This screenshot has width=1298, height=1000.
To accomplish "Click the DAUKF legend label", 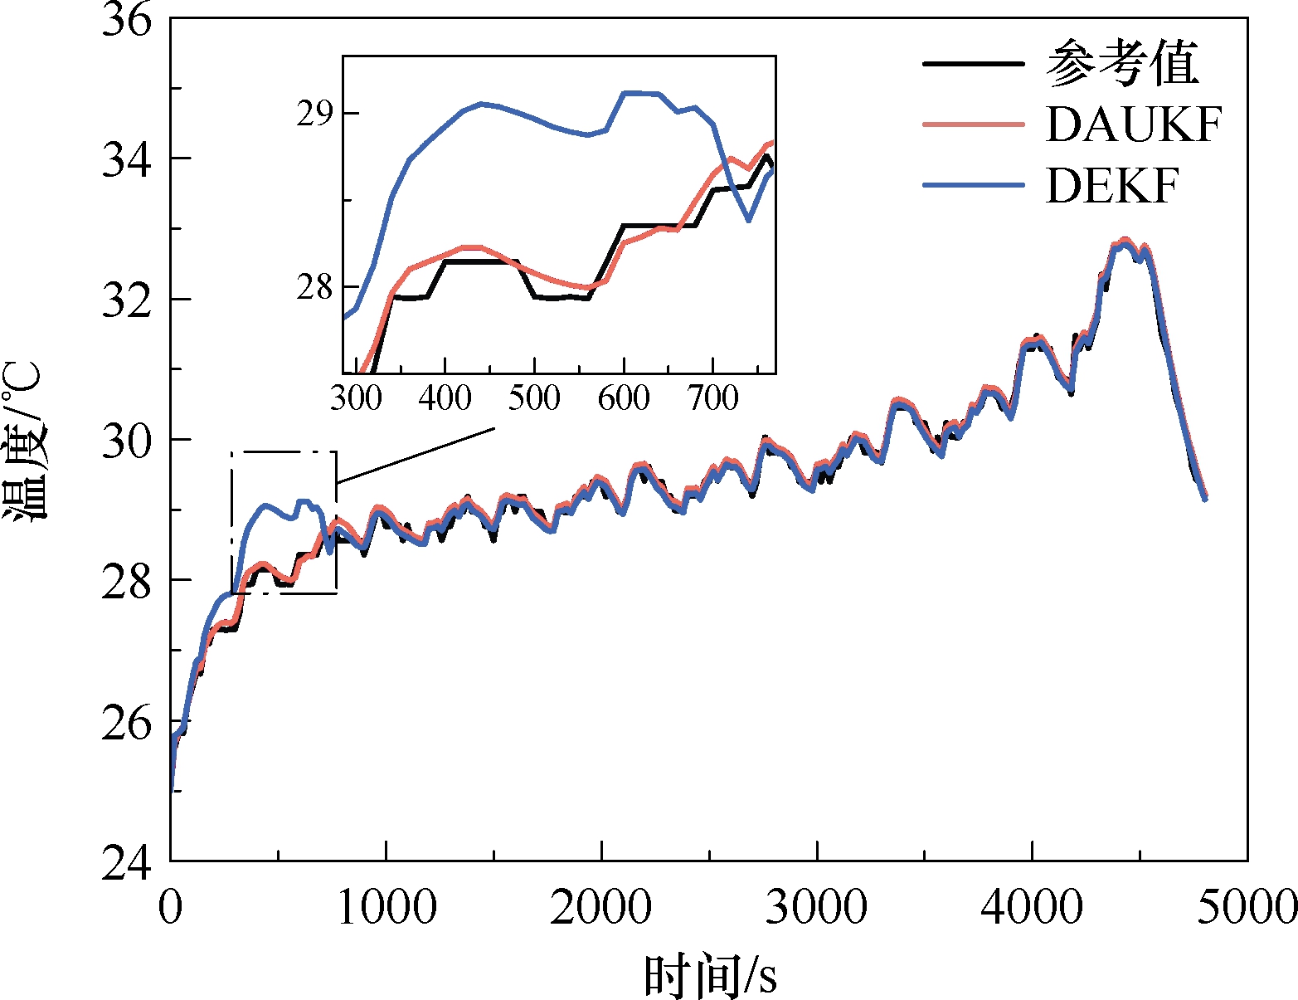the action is (1133, 124).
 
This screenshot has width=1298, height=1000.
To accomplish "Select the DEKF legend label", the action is (1112, 186).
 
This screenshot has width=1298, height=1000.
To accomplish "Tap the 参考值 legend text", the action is (1122, 63).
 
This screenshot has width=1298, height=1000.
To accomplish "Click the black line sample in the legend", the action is (974, 63).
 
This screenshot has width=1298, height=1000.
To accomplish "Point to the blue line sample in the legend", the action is (974, 186).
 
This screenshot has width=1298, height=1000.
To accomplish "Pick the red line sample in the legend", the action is (974, 124).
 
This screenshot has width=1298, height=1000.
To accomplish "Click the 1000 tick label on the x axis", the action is (386, 907).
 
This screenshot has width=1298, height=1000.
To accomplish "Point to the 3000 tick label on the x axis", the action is (817, 907).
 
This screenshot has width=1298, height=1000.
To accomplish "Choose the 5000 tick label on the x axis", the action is (1247, 907).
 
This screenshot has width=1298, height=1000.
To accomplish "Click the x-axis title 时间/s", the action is (710, 975).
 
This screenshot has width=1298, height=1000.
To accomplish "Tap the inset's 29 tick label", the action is (315, 114).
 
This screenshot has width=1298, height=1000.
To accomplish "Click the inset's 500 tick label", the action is (534, 398).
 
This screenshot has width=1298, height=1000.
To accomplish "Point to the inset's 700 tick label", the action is (713, 398).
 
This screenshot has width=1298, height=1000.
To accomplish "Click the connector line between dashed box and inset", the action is (416, 456).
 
